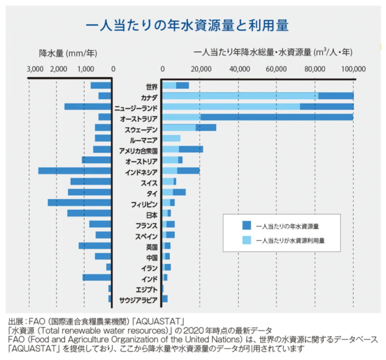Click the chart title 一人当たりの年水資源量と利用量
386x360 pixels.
click(x=187, y=26)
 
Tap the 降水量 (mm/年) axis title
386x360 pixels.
click(x=68, y=53)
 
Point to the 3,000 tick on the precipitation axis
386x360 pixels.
click(x=35, y=69)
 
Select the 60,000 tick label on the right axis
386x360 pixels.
click(x=276, y=69)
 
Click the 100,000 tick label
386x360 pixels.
click(x=353, y=69)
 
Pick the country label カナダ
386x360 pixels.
click(x=149, y=97)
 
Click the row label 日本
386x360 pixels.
click(x=152, y=215)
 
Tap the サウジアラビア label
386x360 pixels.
click(x=138, y=300)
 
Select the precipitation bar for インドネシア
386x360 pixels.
click(x=75, y=171)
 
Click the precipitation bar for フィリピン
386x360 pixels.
click(x=79, y=203)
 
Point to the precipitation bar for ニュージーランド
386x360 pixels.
click(x=88, y=107)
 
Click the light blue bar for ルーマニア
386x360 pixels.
click(x=171, y=139)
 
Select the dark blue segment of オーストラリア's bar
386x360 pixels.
click(x=277, y=117)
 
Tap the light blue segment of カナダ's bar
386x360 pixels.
click(x=240, y=96)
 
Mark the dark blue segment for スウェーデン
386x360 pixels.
click(x=206, y=128)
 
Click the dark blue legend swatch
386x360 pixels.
click(x=246, y=226)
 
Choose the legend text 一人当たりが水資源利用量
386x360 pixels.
click(x=290, y=240)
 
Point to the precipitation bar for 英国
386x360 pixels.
click(x=95, y=246)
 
